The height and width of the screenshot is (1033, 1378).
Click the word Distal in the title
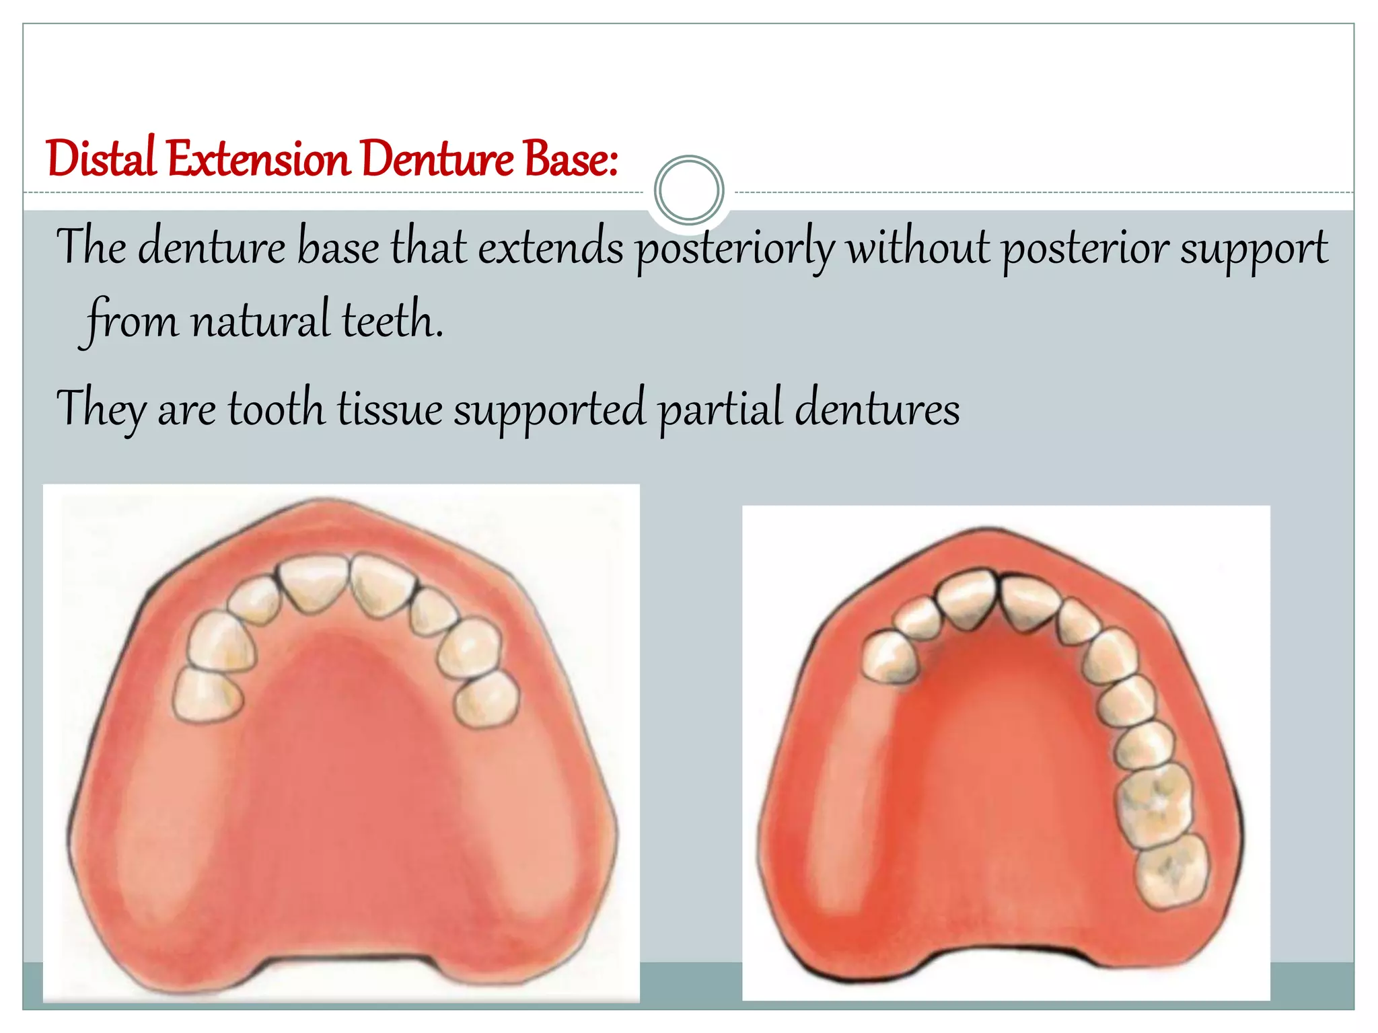coord(101,159)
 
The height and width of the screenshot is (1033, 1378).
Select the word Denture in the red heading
coord(437,159)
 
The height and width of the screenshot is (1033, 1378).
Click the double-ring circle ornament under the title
coord(688,190)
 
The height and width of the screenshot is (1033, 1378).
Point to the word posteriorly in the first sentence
coord(735,248)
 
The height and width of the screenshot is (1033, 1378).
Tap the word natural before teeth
coord(260,320)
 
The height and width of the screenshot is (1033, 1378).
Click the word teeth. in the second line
coord(393,320)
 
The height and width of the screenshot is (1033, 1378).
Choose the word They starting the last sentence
coord(101,409)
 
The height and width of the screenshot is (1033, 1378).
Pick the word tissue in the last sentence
coord(390,408)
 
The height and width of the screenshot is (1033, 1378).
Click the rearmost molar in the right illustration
coord(1171,870)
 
